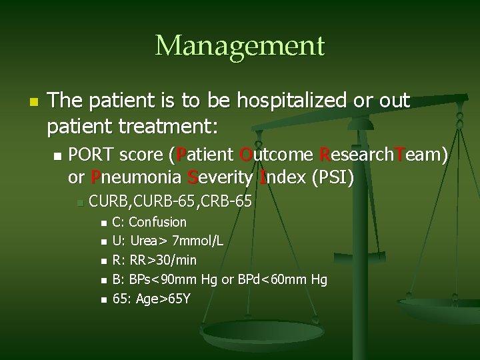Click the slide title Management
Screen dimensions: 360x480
point(240,46)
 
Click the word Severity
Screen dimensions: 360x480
point(221,178)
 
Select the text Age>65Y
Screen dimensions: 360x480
point(163,298)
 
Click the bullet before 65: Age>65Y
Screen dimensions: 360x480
point(103,299)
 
